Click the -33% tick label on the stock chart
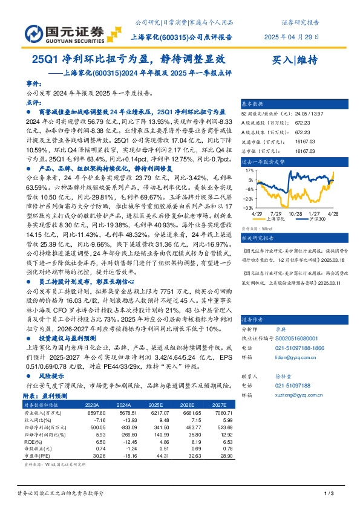pyautogui.click(x=249, y=207)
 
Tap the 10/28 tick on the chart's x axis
pyautogui.click(x=295, y=215)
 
